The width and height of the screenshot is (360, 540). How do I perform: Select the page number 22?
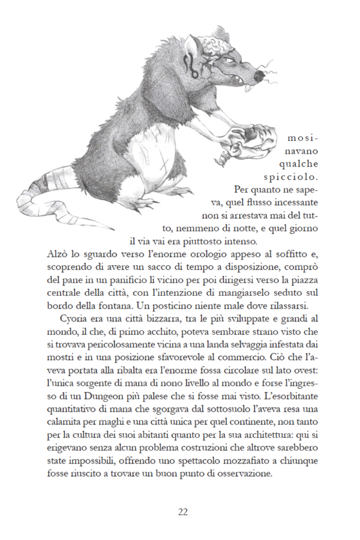point(183,512)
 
